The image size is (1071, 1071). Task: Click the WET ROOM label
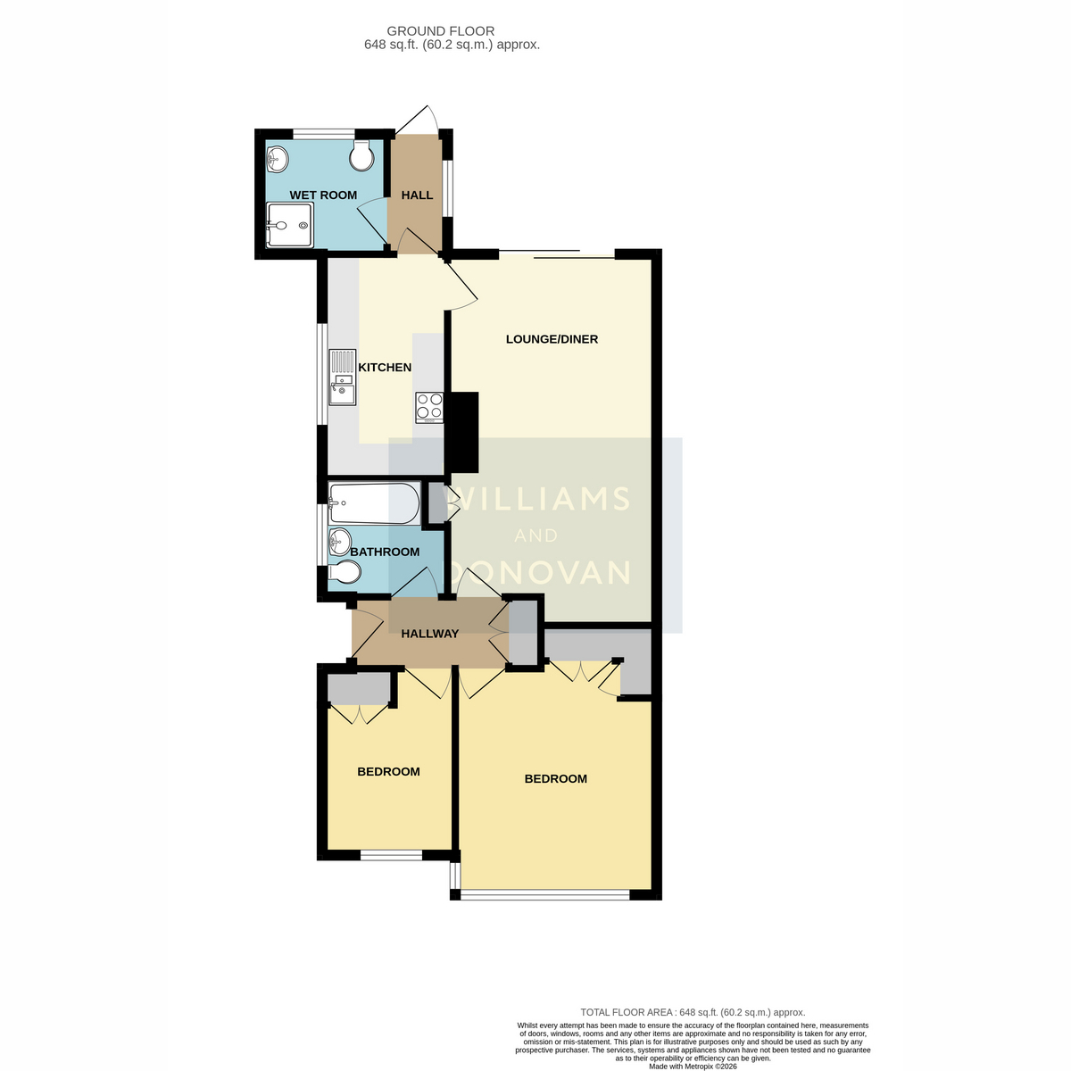[x=323, y=195]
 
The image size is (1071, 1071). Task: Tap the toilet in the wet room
[x=361, y=155]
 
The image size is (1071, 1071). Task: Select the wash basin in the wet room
[x=278, y=160]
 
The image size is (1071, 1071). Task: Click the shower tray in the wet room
[x=290, y=225]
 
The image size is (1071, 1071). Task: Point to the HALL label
[x=417, y=195]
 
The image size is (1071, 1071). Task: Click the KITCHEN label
[x=385, y=368]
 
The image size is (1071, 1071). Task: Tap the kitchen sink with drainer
[x=343, y=377]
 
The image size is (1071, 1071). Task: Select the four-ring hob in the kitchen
[x=429, y=408]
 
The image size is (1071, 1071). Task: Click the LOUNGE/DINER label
[x=552, y=339]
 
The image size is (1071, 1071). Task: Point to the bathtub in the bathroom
[x=374, y=503]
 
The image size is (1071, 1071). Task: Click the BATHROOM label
[x=385, y=552]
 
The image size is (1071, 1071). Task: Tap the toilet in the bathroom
[x=345, y=572]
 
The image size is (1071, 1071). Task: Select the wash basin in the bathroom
[x=339, y=542]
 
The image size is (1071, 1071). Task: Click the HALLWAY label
[x=429, y=634]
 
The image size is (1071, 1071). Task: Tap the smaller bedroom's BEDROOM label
[x=388, y=771]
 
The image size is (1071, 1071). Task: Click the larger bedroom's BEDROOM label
[x=556, y=778]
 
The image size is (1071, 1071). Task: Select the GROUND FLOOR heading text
[x=441, y=31]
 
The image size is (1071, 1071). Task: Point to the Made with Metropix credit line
[x=693, y=1067]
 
